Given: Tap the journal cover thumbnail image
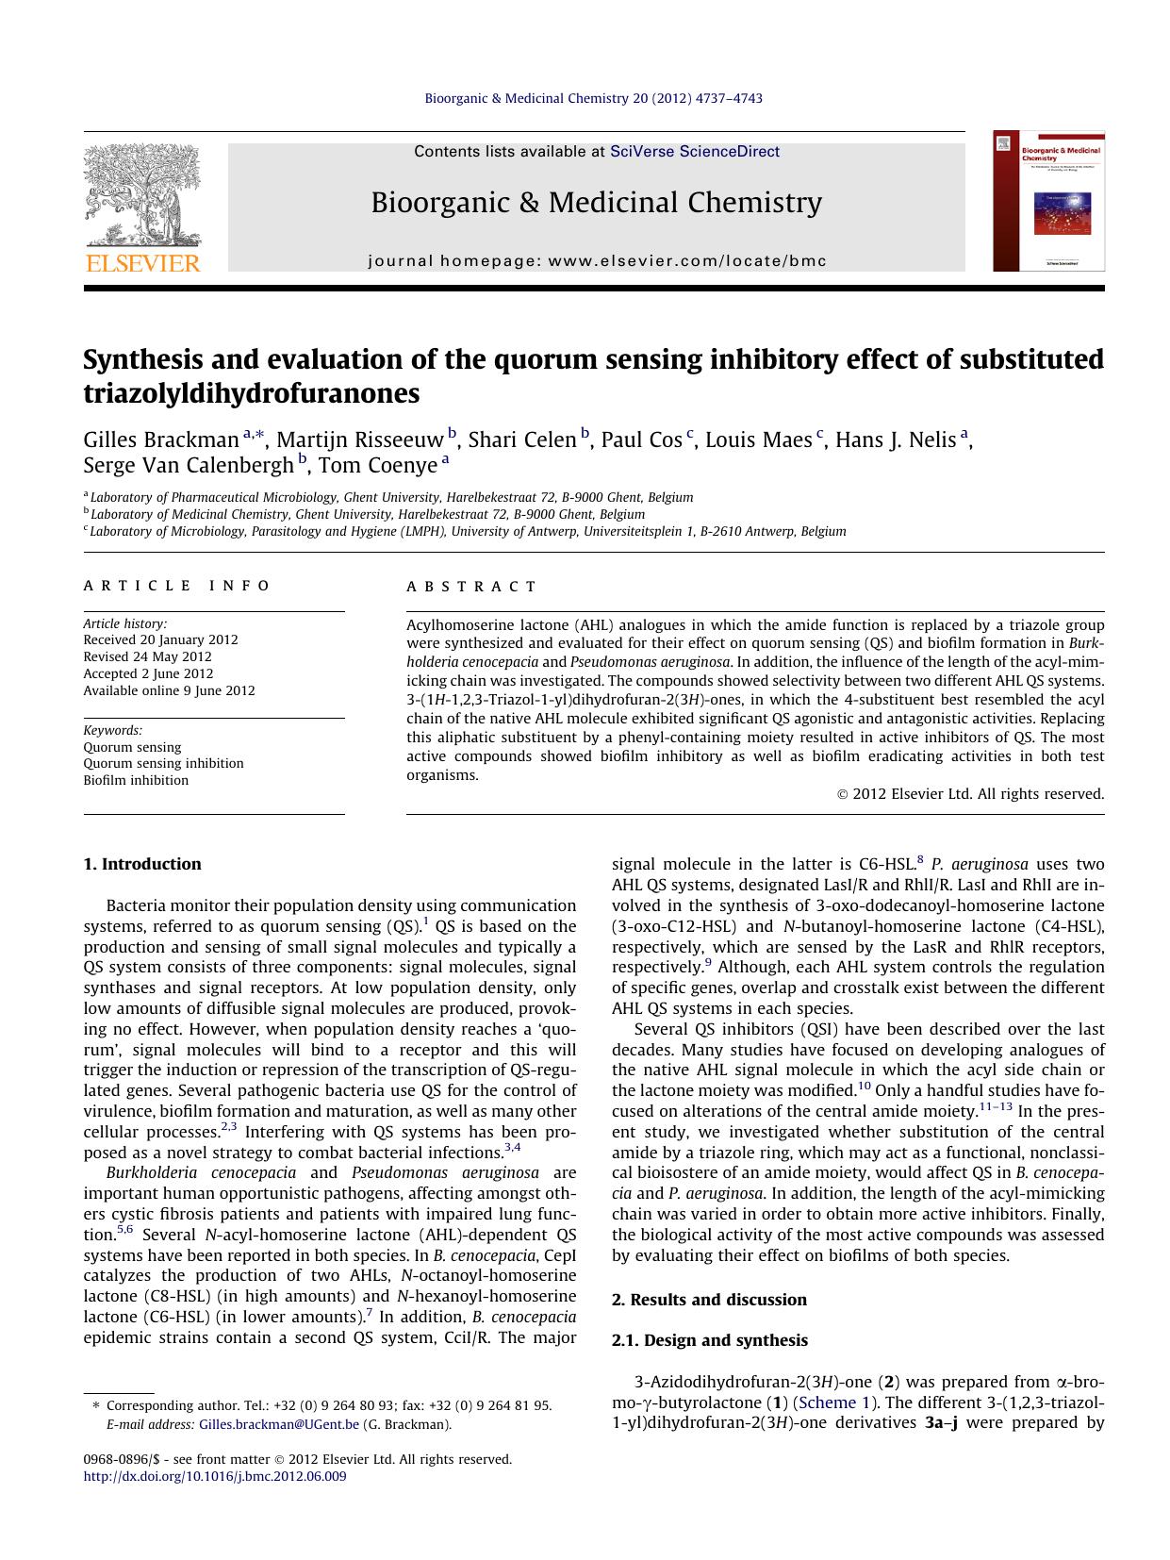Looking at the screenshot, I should (1048, 201).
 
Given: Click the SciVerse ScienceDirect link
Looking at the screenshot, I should (695, 151).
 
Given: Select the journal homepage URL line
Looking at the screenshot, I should (597, 261).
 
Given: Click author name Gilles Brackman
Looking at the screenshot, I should (161, 440).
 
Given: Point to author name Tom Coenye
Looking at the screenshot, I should (378, 465).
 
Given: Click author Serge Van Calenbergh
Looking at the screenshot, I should (189, 465).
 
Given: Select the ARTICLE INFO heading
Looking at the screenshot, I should (177, 586).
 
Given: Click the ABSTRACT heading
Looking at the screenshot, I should (471, 586).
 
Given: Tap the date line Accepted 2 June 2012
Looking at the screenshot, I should (148, 673).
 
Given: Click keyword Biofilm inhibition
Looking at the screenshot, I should (136, 780).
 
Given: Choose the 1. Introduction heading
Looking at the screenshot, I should (142, 864).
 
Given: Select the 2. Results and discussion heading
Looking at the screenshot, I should (709, 1300).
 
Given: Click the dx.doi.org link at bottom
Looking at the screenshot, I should (215, 1476).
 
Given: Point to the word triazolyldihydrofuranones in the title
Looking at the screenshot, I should (252, 393).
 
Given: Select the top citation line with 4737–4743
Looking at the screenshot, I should (594, 98).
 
